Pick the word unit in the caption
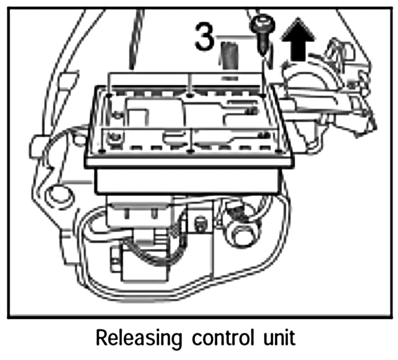click(x=276, y=338)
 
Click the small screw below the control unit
click(x=199, y=225)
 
